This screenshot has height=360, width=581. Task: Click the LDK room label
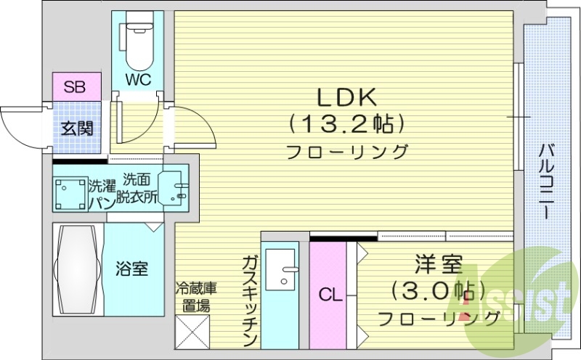pos(345,97)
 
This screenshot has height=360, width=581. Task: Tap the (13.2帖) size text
pos(345,124)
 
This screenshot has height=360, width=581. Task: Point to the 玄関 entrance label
pos(76,129)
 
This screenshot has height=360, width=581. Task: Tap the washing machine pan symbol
pos(70,192)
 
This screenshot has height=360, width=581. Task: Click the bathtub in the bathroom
pos(78,269)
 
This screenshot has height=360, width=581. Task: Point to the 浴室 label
pos(132,269)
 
